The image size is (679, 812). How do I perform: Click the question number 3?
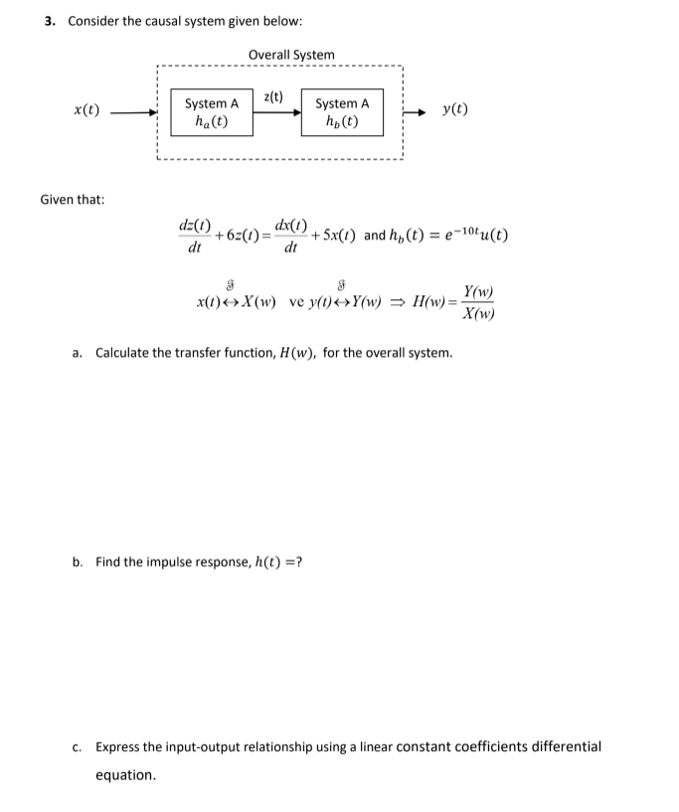[x=50, y=21]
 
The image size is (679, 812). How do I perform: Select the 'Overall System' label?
[x=291, y=54]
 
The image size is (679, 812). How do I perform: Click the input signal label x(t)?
[x=86, y=109]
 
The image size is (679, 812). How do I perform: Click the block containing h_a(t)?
[x=212, y=112]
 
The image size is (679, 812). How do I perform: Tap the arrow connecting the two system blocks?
[x=276, y=111]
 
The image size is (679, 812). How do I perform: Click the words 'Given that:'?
[x=73, y=199]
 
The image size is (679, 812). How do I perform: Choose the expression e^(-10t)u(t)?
[x=475, y=236]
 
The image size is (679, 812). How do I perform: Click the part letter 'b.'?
[x=77, y=562]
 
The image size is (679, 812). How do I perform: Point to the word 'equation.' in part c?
[x=125, y=774]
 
